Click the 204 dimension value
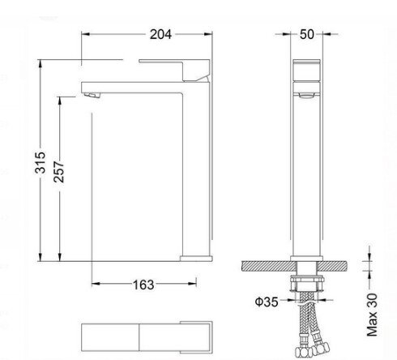[160, 34]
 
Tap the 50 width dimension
[307, 34]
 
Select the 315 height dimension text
[41, 162]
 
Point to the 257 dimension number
[59, 172]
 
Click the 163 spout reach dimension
[143, 285]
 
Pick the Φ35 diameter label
[267, 302]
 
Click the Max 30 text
[372, 315]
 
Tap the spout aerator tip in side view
[92, 95]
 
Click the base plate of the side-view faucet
[196, 259]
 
